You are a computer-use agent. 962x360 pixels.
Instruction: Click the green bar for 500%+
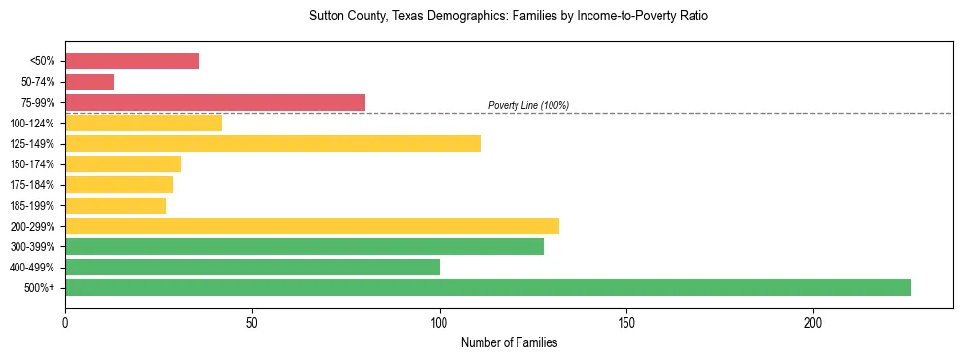[x=487, y=288]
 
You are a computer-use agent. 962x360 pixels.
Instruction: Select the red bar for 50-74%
[x=89, y=82]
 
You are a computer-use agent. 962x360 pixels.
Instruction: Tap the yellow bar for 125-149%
[x=272, y=144]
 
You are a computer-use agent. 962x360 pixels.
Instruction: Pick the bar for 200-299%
[x=311, y=227]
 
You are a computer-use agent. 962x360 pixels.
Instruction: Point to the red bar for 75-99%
[x=214, y=102]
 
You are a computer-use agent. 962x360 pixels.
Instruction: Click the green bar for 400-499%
[x=252, y=268]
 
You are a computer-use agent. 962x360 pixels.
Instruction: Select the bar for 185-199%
[x=116, y=205]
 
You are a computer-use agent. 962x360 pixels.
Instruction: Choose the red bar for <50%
[x=132, y=61]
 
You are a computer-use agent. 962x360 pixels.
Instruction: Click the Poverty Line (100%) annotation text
[x=528, y=105]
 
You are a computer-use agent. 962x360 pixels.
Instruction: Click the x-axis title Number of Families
[x=509, y=343]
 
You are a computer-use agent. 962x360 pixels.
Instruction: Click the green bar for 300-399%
[x=304, y=247]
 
